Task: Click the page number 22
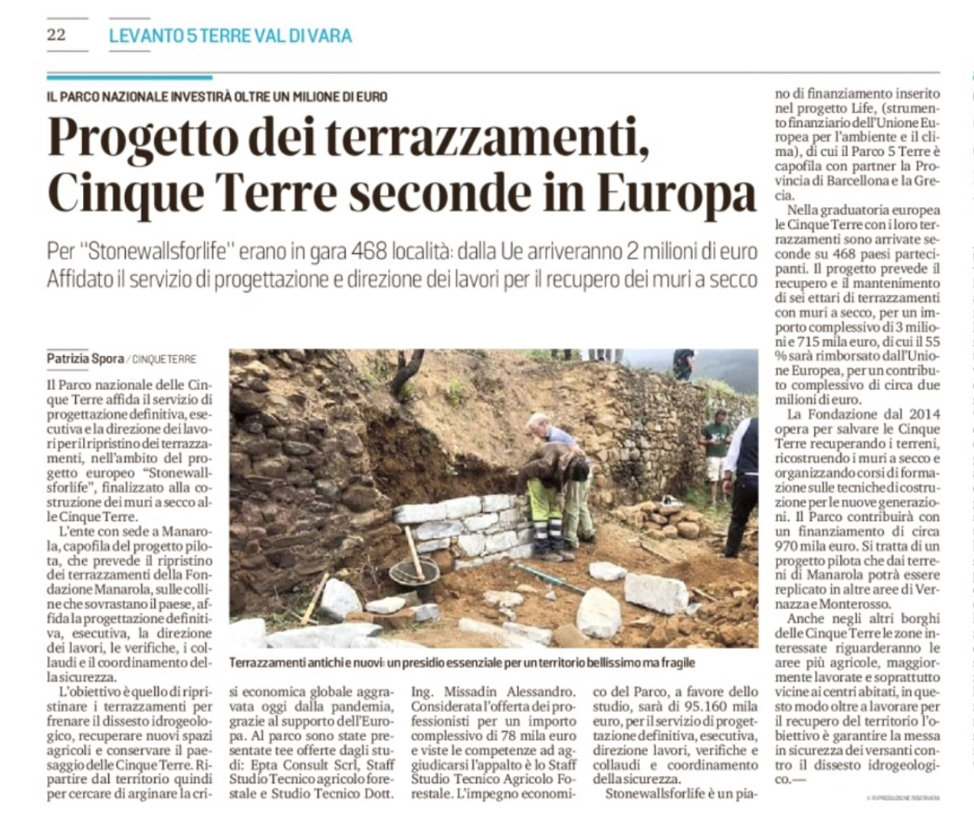pyautogui.click(x=56, y=35)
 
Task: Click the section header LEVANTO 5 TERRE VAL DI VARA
pyautogui.click(x=230, y=36)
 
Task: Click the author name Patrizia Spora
pyautogui.click(x=85, y=359)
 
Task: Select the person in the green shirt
pyautogui.click(x=716, y=442)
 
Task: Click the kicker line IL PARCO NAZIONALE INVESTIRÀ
pyautogui.click(x=217, y=97)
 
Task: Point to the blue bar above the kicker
pyautogui.click(x=130, y=78)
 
